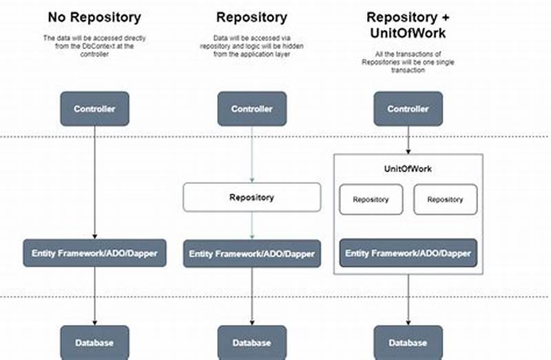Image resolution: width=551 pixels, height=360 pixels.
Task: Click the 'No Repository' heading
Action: (94, 17)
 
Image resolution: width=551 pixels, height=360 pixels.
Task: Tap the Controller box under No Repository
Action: (94, 109)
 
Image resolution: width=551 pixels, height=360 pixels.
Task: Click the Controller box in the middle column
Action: (252, 109)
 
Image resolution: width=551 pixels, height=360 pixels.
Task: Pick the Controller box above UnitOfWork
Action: (408, 109)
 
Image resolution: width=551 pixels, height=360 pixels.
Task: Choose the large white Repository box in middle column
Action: (252, 197)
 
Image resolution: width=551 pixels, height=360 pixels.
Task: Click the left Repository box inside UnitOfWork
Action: (371, 200)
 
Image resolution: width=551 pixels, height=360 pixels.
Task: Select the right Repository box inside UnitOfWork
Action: (445, 200)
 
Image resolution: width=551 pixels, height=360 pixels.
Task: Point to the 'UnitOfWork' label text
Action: (408, 169)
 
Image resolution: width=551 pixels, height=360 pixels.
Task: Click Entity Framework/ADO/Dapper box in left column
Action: (94, 253)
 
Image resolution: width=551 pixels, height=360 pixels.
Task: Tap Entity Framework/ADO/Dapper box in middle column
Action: (252, 254)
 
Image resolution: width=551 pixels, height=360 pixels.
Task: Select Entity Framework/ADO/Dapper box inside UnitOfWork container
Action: (408, 253)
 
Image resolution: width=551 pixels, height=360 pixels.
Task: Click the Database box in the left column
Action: (94, 343)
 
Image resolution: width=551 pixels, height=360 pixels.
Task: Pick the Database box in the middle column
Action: (252, 343)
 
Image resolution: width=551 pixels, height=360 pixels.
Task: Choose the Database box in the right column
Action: (408, 343)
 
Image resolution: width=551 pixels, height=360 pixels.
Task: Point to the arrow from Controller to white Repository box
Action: (252, 155)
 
